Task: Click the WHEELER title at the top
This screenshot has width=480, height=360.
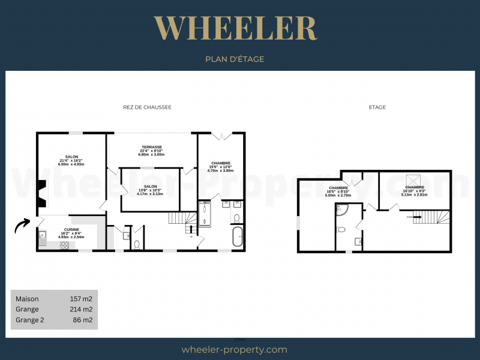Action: pyautogui.click(x=235, y=29)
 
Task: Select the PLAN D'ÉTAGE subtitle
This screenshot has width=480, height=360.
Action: pyautogui.click(x=235, y=59)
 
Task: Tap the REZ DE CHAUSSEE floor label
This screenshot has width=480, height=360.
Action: pyautogui.click(x=147, y=107)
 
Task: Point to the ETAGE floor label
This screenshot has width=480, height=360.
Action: pyautogui.click(x=377, y=107)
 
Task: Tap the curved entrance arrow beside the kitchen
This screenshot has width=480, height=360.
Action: pyautogui.click(x=22, y=225)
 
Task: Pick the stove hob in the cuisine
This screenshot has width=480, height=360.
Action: pyautogui.click(x=64, y=245)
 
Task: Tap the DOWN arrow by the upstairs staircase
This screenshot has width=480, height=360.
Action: pyautogui.click(x=410, y=217)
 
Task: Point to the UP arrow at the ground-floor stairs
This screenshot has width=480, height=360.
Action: pyautogui.click(x=191, y=229)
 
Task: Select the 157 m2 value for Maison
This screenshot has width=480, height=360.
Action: pyautogui.click(x=81, y=299)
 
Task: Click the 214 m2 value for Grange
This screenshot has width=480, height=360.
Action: pyautogui.click(x=81, y=310)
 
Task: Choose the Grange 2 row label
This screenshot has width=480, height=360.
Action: pyautogui.click(x=30, y=320)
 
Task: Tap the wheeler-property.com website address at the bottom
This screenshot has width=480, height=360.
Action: pyautogui.click(x=234, y=350)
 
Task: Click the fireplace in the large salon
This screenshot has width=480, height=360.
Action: pyautogui.click(x=41, y=193)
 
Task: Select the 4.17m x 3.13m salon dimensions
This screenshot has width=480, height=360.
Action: pyautogui.click(x=150, y=194)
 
